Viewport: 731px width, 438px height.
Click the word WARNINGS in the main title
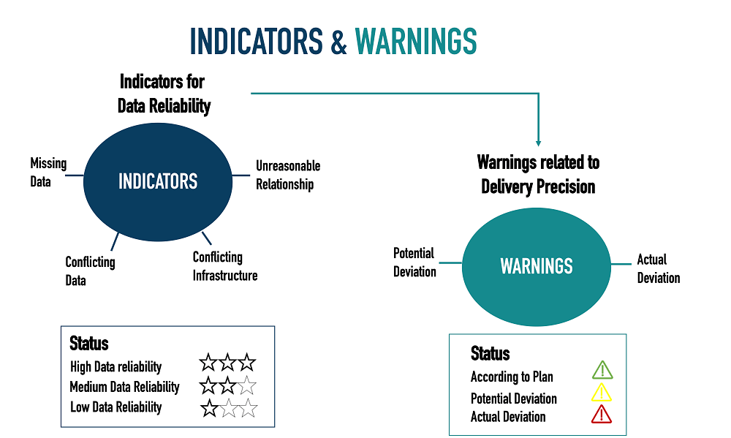point(416,41)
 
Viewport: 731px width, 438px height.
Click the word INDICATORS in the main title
point(256,41)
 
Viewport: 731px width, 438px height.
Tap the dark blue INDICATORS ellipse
point(158,182)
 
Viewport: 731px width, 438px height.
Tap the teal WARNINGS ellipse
point(536,267)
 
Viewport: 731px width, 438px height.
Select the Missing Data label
point(48,172)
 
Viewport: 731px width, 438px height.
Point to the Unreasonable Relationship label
point(288,175)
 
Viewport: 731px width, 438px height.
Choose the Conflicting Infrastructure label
point(225,266)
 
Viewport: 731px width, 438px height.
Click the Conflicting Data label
point(90,271)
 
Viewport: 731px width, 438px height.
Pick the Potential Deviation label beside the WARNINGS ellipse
point(414,263)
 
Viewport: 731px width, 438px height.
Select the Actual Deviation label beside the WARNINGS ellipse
point(659,268)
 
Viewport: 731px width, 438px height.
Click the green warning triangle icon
point(602,370)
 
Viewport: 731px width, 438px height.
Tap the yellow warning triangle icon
point(602,392)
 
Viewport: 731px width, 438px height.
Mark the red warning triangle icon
point(602,414)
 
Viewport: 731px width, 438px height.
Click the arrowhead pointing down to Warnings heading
point(539,143)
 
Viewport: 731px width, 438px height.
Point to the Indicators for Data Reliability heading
point(164,94)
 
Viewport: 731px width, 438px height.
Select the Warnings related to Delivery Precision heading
point(538,175)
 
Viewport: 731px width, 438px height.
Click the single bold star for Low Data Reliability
point(209,408)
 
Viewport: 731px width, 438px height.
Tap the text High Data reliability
point(115,366)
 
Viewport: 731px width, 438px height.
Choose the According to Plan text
point(512,377)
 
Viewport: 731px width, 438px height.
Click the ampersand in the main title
point(339,42)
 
